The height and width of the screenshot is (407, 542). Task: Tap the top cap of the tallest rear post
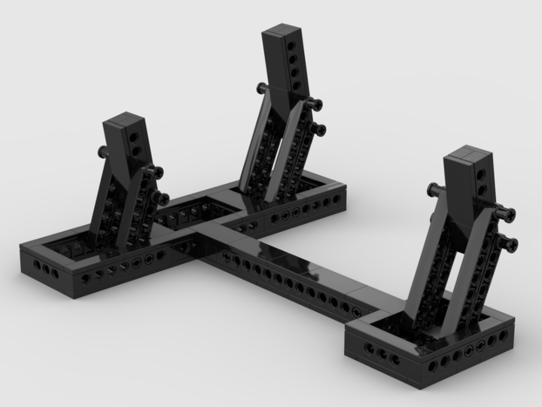pyautogui.click(x=282, y=33)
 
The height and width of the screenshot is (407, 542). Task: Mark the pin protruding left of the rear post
pyautogui.click(x=260, y=89)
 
